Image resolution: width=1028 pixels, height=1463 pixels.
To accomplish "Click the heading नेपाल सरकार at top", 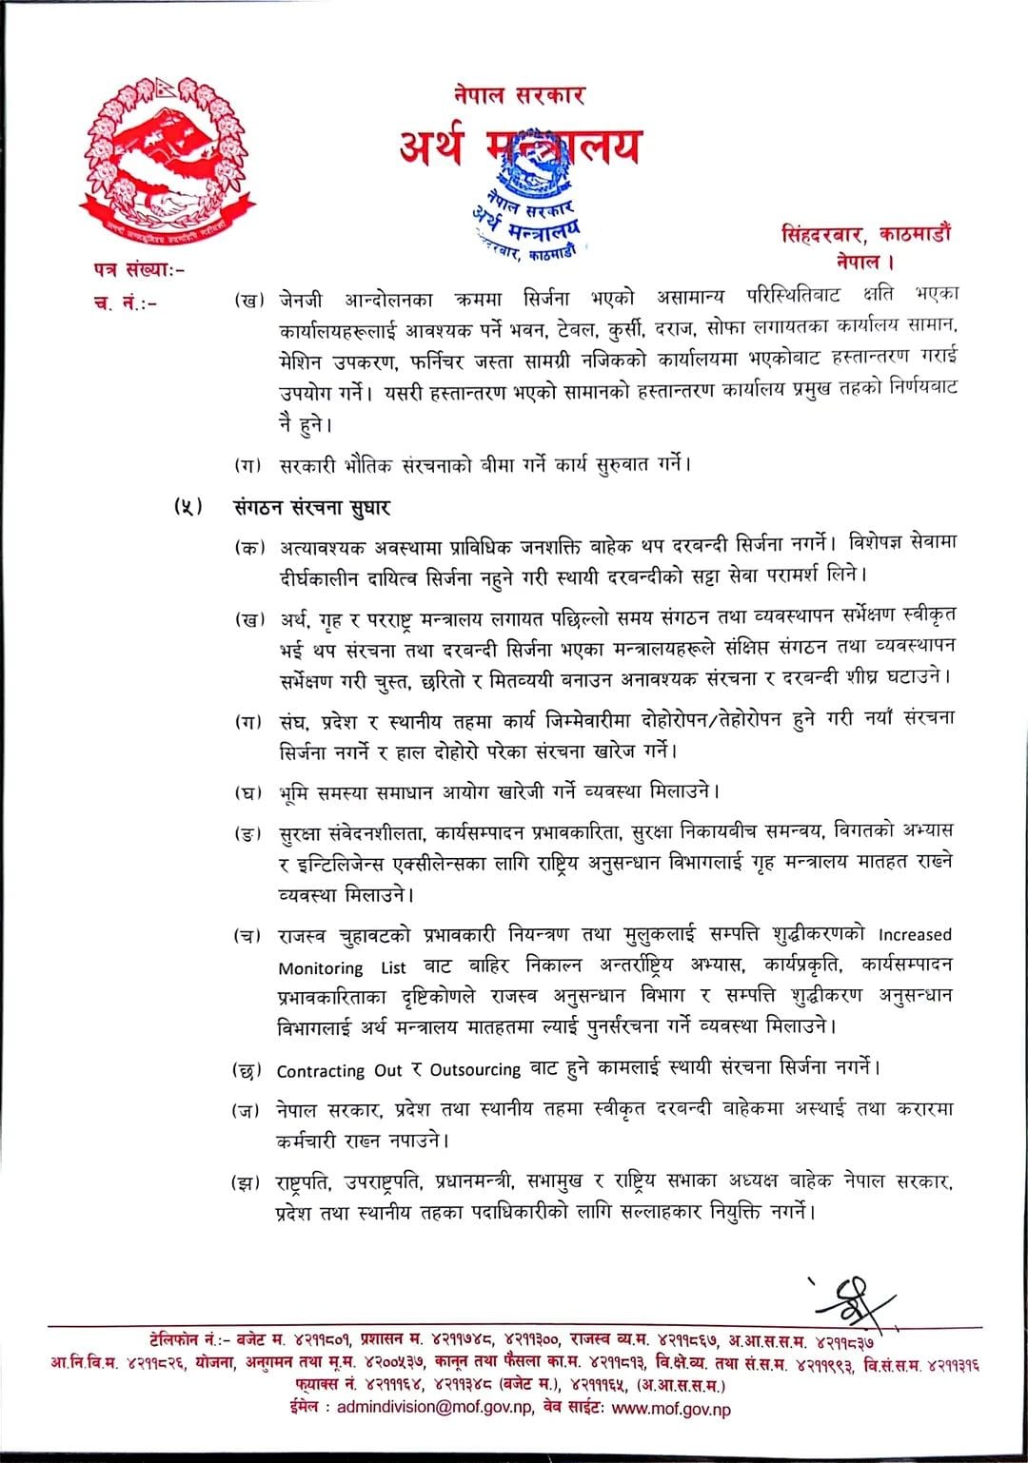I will pos(519,95).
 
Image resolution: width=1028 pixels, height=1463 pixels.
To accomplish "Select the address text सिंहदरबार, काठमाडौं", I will pos(865,232).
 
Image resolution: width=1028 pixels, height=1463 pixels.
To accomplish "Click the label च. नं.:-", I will pos(125,302).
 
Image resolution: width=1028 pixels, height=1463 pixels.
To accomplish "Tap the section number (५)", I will pos(188,507).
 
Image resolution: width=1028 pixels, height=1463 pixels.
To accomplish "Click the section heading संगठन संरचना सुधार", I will pos(312,507).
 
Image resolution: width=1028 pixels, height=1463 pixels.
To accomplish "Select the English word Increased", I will pos(915,935).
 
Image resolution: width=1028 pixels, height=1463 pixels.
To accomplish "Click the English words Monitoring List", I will pos(334,968).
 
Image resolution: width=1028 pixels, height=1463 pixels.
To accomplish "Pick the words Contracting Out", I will pos(340,1070).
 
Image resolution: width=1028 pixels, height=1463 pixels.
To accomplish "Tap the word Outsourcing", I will pos(475,1070).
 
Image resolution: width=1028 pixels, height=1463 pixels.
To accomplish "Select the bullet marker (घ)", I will pos(249,791).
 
